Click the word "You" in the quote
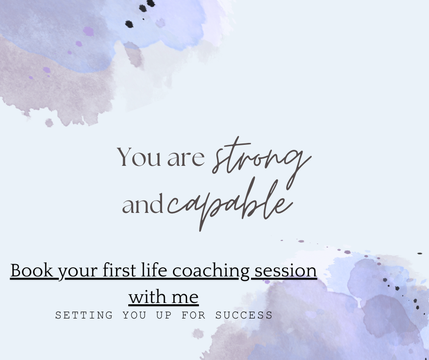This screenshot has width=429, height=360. pos(139,157)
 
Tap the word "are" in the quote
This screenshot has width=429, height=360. pos(186,159)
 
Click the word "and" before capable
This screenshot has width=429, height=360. pos(142,204)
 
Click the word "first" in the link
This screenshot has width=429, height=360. pos(119,270)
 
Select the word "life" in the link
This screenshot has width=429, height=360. pos(154,270)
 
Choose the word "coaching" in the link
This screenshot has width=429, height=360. pos(211,271)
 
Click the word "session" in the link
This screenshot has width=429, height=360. pos(286,271)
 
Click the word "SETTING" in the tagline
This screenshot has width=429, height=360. pos(84,315)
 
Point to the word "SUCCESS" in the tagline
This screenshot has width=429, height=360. pos(244,315)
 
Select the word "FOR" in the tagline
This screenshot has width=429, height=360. pos(194,315)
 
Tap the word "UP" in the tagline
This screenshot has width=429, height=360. pos(164,315)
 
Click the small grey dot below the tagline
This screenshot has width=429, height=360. pos(198,334)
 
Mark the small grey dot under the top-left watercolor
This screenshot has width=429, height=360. pos(49,123)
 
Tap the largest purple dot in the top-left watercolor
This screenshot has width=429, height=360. pos(89,32)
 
